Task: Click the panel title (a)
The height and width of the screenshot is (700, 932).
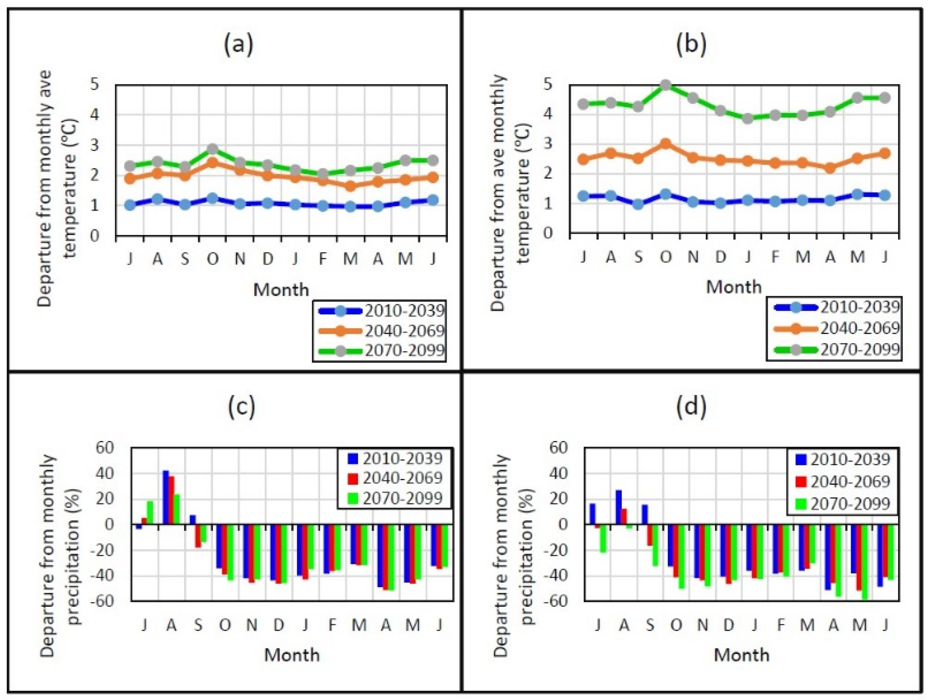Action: point(239,45)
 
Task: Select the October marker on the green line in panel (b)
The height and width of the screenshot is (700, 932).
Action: point(665,85)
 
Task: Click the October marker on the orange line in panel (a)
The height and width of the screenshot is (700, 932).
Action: point(213,163)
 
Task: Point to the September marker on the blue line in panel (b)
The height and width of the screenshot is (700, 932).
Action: point(638,204)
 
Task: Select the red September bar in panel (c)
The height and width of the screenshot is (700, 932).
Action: point(198,536)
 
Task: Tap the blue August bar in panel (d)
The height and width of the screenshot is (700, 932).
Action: point(618,507)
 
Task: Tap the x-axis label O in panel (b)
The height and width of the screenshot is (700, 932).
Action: point(665,257)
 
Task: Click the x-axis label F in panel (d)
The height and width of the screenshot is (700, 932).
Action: point(780,625)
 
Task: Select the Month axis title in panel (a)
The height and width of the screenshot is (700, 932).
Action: point(281,290)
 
